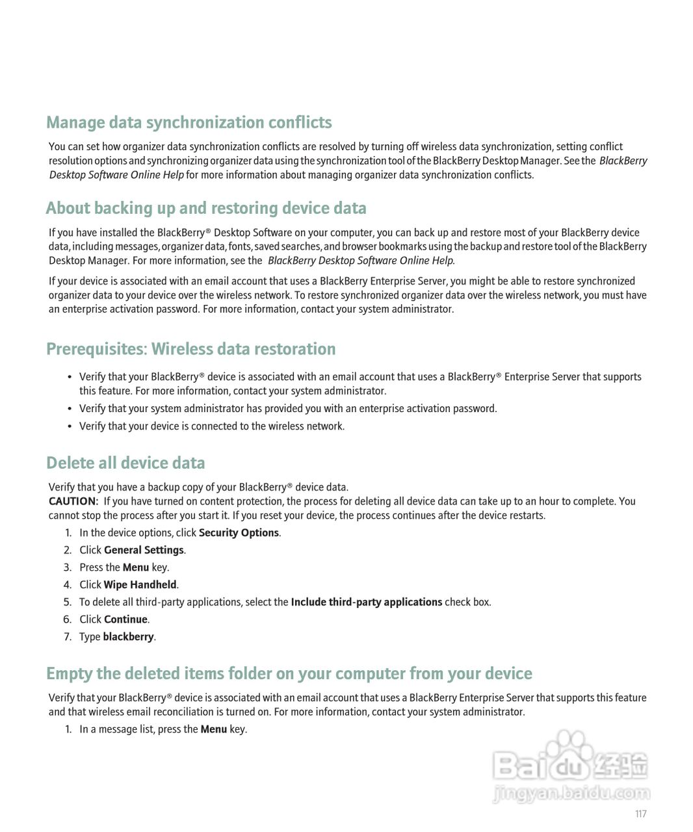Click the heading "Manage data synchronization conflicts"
189,123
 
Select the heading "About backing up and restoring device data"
206,209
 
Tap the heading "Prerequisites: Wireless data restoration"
190,350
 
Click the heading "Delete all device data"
125,463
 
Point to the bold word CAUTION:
73,501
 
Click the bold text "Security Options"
239,533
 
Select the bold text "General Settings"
144,551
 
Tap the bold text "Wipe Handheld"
140,585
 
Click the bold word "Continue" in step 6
125,619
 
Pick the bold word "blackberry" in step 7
128,637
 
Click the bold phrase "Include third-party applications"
366,603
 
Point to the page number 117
640,814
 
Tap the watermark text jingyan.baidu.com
571,793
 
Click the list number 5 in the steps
67,603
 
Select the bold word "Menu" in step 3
135,567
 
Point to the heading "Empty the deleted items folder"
289,674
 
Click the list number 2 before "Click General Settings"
67,551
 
